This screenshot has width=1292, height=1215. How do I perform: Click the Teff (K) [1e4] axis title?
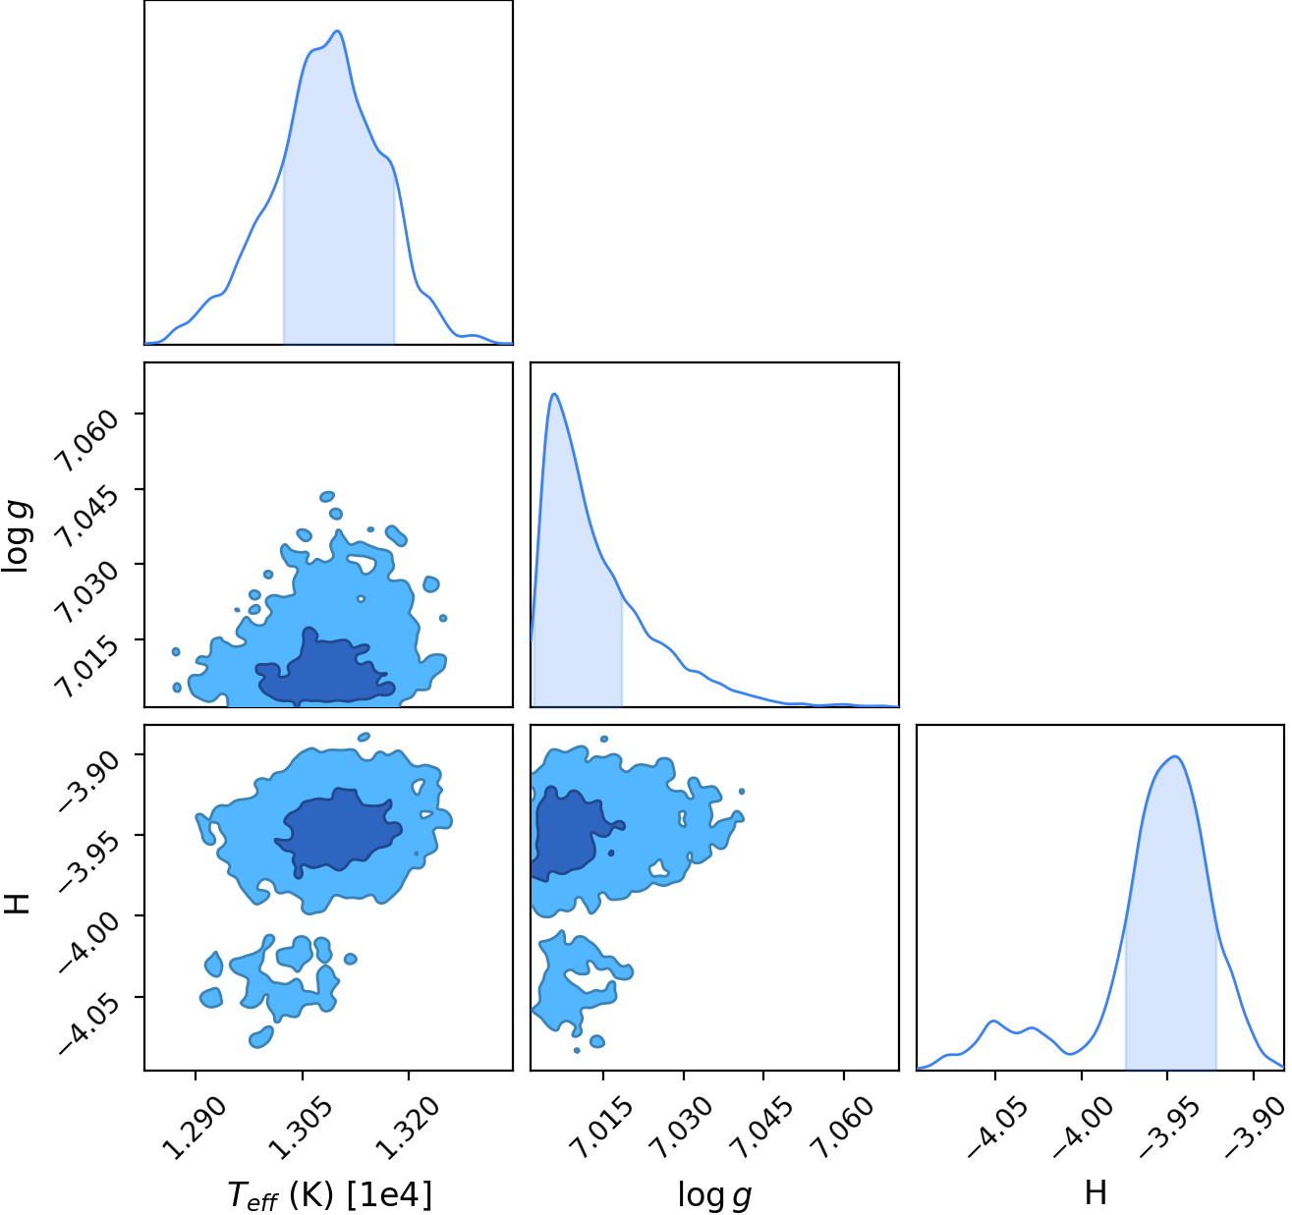(x=330, y=1194)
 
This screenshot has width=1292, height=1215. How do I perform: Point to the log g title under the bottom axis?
(x=714, y=1194)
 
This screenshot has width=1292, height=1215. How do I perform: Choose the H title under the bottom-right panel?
(x=1095, y=1192)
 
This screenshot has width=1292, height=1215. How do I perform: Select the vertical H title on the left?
(x=17, y=903)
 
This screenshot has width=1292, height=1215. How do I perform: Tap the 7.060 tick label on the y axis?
(x=87, y=441)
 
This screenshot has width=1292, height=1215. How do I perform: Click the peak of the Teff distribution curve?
(x=338, y=30)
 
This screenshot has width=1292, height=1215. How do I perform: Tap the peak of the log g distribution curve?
(x=554, y=394)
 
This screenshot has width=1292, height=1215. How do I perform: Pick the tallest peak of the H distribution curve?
(x=1175, y=756)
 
